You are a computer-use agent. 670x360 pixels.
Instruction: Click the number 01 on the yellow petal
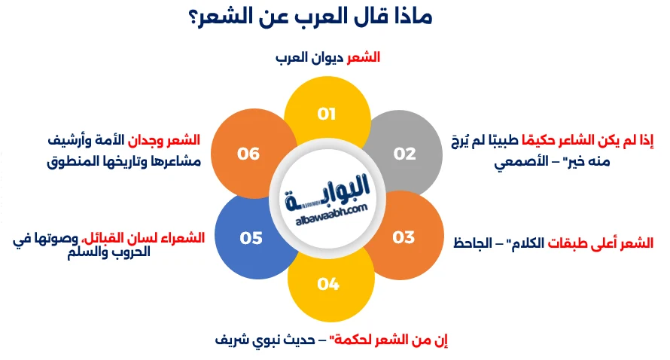[326, 114]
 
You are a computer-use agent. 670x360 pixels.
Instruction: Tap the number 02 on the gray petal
[404, 154]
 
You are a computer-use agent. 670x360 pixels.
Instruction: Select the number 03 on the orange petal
[404, 238]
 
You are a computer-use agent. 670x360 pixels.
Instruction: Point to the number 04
[328, 284]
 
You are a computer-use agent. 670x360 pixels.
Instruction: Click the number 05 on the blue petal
[251, 238]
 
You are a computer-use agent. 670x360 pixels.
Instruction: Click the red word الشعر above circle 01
[363, 57]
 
